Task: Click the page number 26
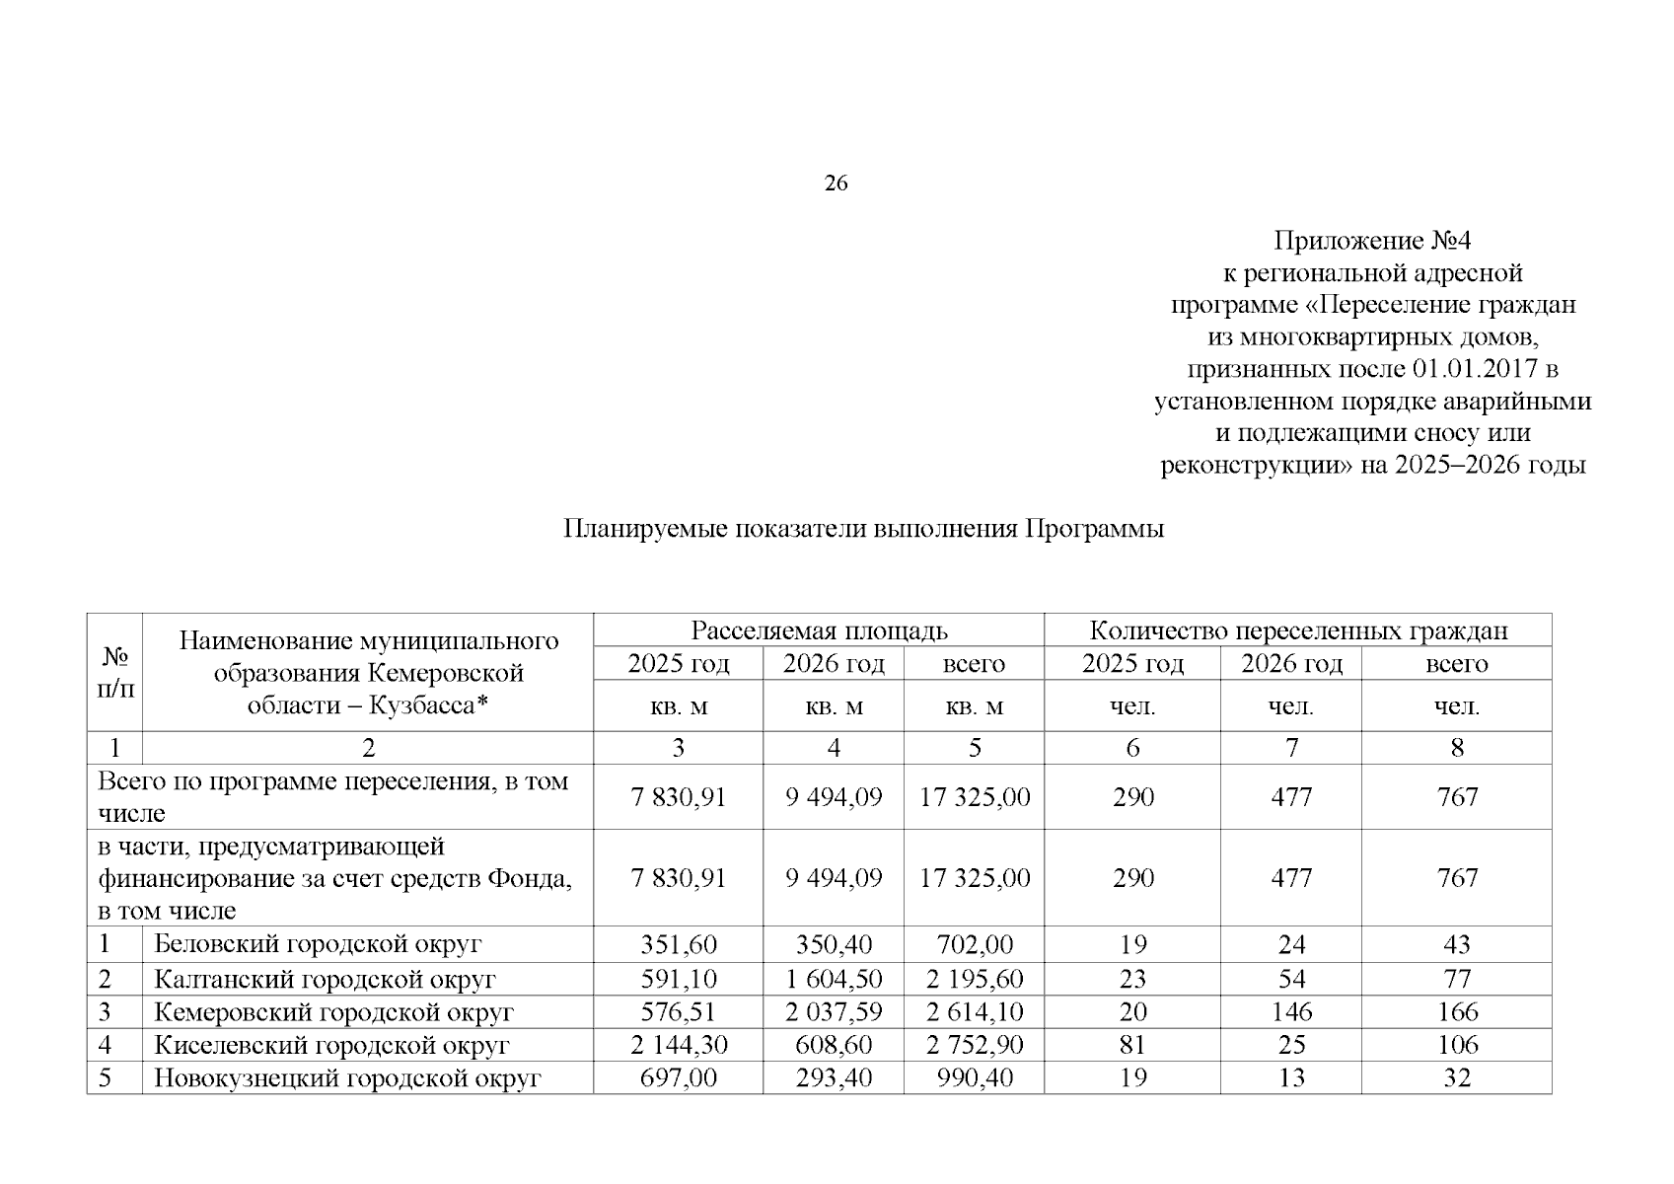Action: click(x=836, y=184)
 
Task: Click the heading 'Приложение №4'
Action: click(x=1372, y=241)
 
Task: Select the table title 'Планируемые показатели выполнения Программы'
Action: click(x=863, y=529)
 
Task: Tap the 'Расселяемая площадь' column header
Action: click(x=819, y=630)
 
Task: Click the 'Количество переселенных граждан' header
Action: click(x=1297, y=630)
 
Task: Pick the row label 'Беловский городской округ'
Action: click(x=318, y=944)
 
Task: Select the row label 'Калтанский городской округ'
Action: click(x=325, y=979)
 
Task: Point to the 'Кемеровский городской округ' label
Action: click(x=333, y=1012)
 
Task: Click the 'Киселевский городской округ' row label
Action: click(x=331, y=1045)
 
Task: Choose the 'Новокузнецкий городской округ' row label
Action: click(x=347, y=1078)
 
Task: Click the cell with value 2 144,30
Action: click(x=678, y=1045)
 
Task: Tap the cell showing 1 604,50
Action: click(x=834, y=979)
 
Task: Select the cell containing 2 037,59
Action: click(x=834, y=1012)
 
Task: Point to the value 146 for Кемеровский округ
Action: click(x=1291, y=1012)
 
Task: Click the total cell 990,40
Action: click(x=975, y=1078)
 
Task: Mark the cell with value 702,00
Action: click(x=975, y=944)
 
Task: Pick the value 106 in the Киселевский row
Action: click(x=1457, y=1045)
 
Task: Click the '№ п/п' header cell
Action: click(x=115, y=672)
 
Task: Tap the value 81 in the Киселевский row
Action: click(x=1132, y=1045)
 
